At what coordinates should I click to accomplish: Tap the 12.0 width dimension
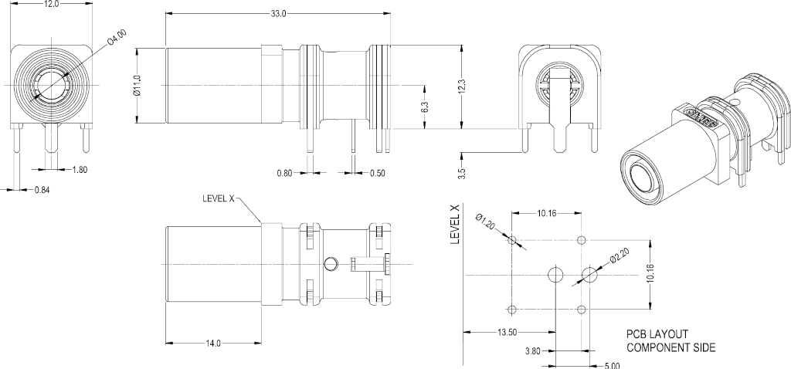point(51,4)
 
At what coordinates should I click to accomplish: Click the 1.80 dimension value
point(80,169)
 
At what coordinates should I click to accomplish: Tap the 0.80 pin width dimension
point(286,173)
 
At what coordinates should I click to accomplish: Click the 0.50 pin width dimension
point(377,173)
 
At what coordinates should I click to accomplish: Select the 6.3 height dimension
point(424,108)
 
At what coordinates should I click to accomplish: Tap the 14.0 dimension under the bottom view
point(213,343)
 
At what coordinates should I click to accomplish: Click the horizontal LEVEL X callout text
point(218,198)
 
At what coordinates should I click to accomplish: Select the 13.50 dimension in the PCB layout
point(506,333)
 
